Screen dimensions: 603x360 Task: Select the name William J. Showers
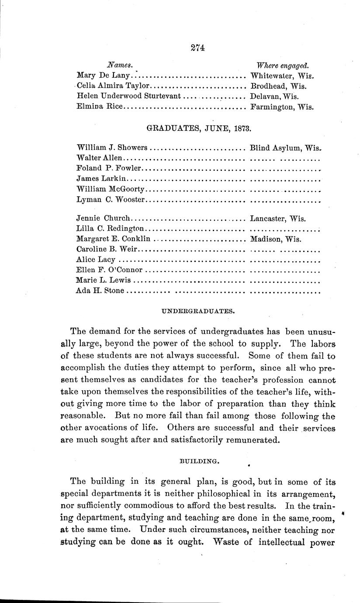(x=112, y=148)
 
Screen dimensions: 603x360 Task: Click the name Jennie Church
(x=104, y=218)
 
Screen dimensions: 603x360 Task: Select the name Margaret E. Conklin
(x=113, y=239)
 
